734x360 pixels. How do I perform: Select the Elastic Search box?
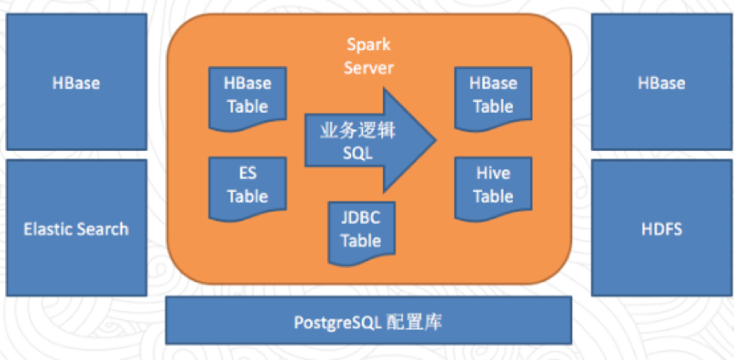click(75, 228)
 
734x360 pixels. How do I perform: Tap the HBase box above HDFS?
click(661, 83)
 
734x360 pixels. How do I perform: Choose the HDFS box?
click(661, 228)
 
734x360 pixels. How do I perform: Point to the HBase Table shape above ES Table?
click(247, 95)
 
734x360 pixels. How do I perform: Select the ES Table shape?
click(247, 185)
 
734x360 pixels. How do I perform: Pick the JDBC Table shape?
click(360, 229)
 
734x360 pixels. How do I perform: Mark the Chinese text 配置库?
click(414, 322)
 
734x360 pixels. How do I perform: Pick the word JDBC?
click(360, 218)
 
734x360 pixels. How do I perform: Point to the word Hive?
click(493, 174)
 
